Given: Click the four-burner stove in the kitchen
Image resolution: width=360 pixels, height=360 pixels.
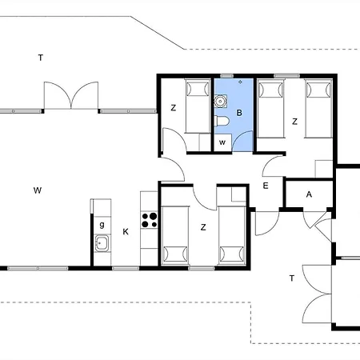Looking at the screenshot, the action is click(x=150, y=220).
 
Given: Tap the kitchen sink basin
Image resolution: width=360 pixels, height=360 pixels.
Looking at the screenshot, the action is click(x=102, y=243).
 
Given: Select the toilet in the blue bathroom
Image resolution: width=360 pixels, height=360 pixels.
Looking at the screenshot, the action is click(x=222, y=121).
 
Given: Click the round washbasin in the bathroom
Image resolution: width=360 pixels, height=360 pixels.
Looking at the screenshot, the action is click(x=221, y=101).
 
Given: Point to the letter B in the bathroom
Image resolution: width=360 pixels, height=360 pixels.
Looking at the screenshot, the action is click(x=239, y=113).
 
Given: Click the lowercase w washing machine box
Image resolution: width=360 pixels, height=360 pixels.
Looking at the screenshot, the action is click(x=222, y=142).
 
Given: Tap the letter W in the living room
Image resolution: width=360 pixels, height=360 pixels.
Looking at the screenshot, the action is click(x=38, y=190).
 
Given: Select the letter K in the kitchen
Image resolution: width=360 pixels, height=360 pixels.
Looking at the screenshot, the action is click(x=126, y=232).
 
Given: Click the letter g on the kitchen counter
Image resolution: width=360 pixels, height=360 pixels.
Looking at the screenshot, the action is click(x=102, y=225).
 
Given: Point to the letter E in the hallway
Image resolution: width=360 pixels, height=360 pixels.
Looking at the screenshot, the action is click(x=266, y=186).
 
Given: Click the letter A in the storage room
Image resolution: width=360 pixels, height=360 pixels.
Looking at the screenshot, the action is click(x=309, y=194).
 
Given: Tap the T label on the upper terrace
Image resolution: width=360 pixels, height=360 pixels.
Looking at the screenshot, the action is click(x=41, y=58).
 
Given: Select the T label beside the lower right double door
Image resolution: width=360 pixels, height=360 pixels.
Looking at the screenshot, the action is click(x=292, y=278).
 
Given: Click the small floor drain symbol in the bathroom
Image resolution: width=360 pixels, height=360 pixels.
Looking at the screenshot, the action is click(x=240, y=82).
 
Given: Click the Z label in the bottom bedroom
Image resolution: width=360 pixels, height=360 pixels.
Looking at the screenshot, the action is click(x=203, y=227).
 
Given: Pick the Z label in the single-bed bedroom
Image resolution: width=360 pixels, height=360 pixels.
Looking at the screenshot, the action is click(x=174, y=108).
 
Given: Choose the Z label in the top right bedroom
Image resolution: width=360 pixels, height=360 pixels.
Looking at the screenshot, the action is click(x=294, y=122).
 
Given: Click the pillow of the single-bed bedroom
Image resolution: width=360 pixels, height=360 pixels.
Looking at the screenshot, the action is click(x=198, y=89).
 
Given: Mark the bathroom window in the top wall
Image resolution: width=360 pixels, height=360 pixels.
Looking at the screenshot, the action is click(x=226, y=76).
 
